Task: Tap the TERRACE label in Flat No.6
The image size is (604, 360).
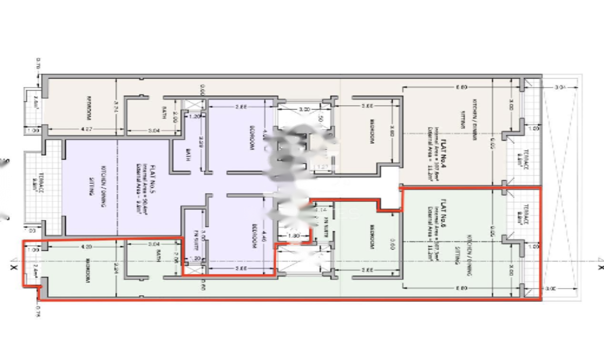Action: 526,214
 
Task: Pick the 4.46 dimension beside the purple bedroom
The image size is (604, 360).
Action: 265,237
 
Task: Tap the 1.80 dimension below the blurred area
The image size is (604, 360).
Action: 293,236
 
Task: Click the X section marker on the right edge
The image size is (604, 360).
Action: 600,267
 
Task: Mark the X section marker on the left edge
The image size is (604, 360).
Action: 13,268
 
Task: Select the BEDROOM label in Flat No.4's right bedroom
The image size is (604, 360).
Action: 372,136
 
